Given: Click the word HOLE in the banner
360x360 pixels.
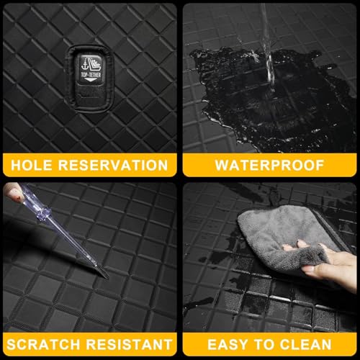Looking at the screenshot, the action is [x=32, y=165].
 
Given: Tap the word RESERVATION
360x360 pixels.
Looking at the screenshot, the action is [x=113, y=165].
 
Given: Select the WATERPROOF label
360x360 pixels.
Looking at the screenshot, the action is [x=269, y=165].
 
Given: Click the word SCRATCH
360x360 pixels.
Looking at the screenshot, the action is [x=43, y=344].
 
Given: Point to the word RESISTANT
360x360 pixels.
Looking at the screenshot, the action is [x=129, y=344].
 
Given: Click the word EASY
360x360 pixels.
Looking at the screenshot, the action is [x=228, y=344].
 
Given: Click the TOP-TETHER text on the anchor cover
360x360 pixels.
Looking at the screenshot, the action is [x=91, y=75].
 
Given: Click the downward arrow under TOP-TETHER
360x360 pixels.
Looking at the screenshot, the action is [x=90, y=80].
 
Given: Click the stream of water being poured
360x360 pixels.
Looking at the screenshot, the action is [x=269, y=48].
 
